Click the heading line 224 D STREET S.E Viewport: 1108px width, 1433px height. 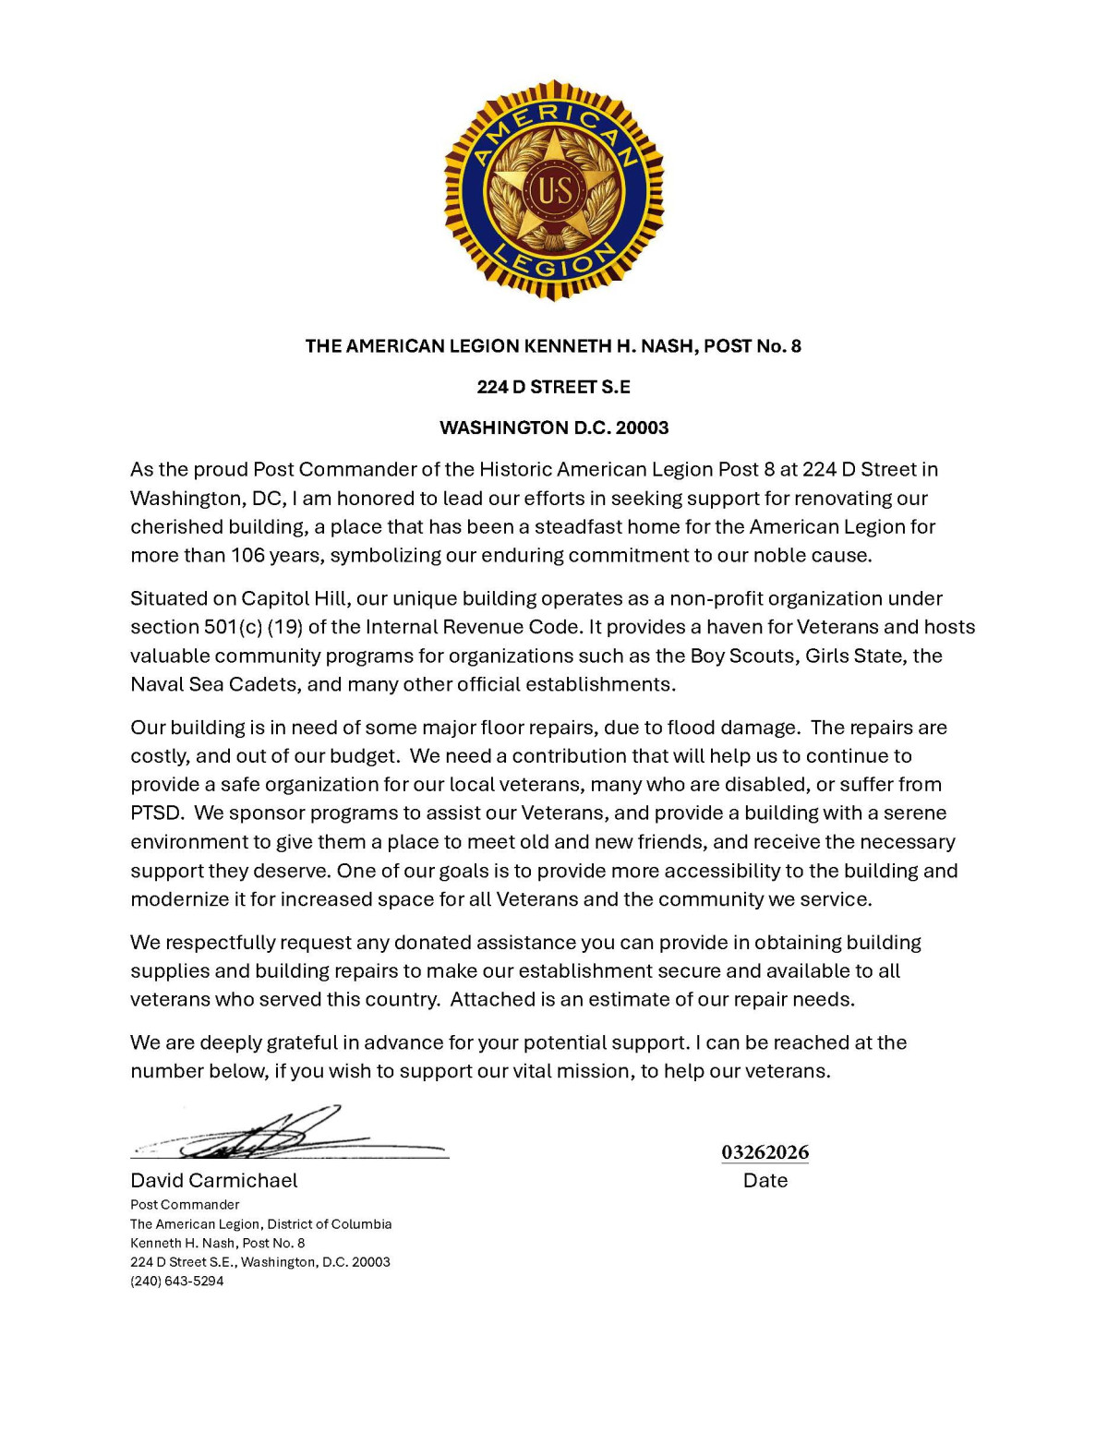click(553, 387)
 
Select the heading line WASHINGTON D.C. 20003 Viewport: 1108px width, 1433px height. click(553, 427)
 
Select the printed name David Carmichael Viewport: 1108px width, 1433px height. click(214, 1180)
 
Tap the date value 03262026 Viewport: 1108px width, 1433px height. click(765, 1152)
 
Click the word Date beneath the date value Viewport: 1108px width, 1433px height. click(765, 1180)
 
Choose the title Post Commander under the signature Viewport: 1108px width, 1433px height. click(185, 1205)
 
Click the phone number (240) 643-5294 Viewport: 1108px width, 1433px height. click(177, 1281)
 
